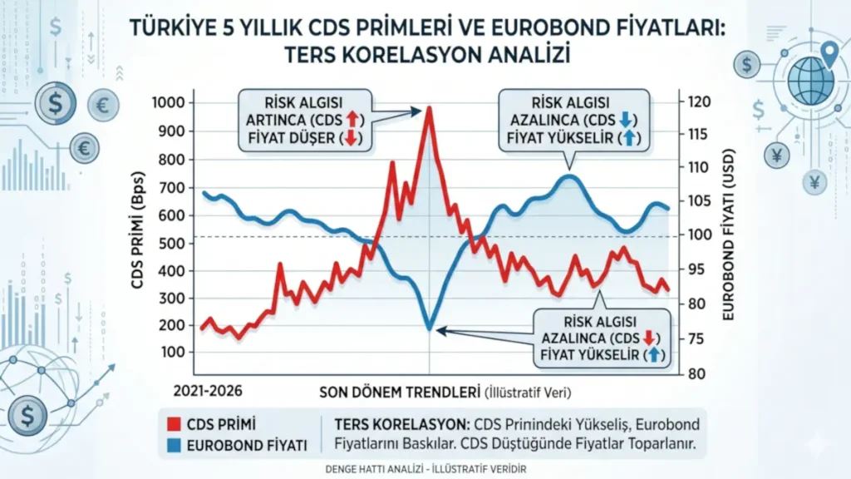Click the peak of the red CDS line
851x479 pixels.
(429, 107)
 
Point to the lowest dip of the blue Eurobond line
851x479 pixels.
(429, 329)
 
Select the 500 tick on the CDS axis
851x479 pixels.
(170, 243)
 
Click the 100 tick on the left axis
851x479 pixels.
(170, 352)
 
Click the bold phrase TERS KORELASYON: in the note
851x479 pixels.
(399, 422)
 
